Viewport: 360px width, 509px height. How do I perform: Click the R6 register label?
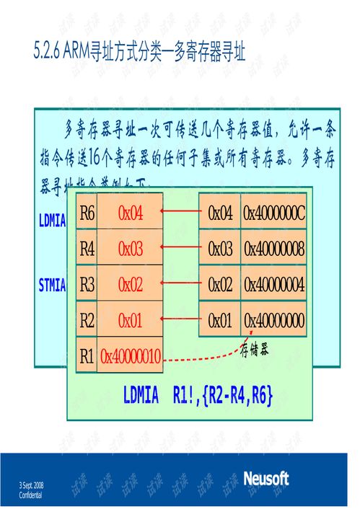(87, 213)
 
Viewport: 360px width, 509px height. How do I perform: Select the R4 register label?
(87, 249)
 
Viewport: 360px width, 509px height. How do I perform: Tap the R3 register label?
(87, 285)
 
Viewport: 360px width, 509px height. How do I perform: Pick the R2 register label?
(87, 320)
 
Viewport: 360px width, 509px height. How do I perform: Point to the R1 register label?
(87, 355)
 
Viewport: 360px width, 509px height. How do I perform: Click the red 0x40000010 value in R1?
(131, 355)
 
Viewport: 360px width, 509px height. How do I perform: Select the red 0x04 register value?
(131, 213)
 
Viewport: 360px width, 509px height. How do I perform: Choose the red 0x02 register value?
(131, 285)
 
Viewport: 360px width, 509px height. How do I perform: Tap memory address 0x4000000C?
(274, 213)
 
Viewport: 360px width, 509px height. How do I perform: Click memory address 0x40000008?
(274, 249)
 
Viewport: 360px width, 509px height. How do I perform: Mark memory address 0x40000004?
(274, 285)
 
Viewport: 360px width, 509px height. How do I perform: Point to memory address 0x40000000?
(274, 320)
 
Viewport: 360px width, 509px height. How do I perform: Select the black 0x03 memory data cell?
(220, 249)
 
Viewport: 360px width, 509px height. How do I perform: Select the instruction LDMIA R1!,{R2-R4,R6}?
(197, 395)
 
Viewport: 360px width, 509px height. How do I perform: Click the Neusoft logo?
(265, 479)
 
